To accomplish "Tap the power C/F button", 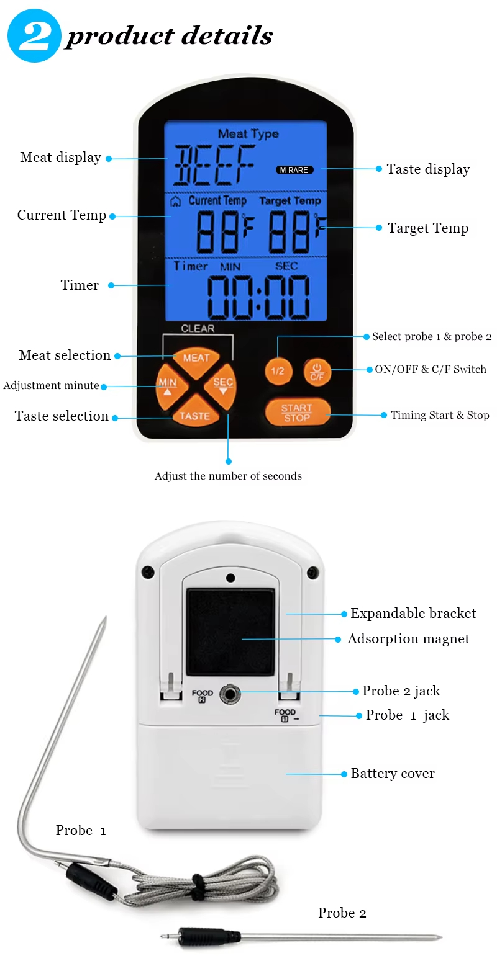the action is [x=317, y=372].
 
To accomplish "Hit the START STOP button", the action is [x=297, y=412].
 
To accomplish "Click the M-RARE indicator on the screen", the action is [x=294, y=170].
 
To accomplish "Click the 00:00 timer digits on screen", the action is [x=258, y=297].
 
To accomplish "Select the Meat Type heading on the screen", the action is [x=248, y=133].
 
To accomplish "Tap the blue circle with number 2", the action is [x=34, y=35].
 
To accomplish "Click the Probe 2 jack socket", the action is [x=230, y=694].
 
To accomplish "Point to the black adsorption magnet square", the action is [x=230, y=632].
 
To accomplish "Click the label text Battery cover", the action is [x=393, y=773].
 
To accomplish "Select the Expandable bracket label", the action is [x=413, y=613].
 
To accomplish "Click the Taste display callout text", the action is [x=428, y=169].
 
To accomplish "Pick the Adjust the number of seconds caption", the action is [x=228, y=475].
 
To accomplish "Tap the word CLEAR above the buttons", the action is [x=198, y=328].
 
